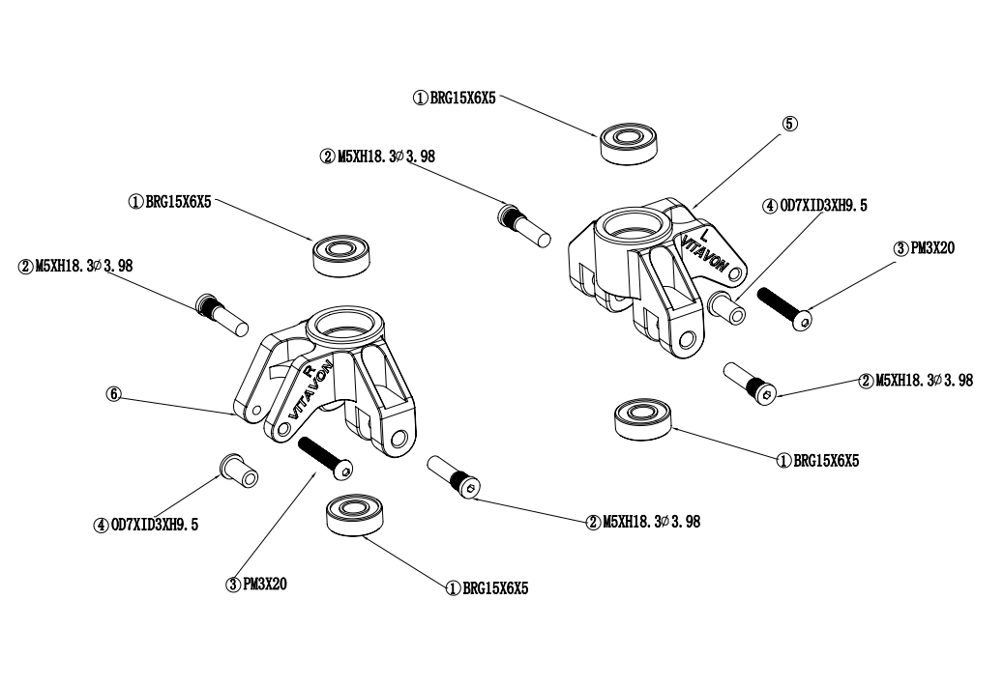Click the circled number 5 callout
click(790, 124)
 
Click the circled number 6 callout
click(114, 394)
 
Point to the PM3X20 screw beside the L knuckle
click(783, 308)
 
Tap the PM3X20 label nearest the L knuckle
click(926, 248)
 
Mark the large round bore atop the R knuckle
click(340, 329)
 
